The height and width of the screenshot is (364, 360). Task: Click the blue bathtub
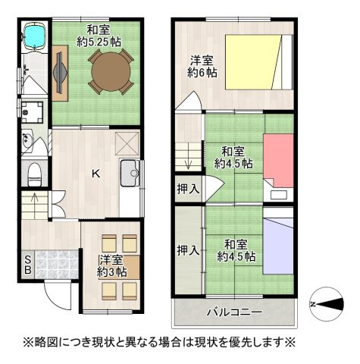35,36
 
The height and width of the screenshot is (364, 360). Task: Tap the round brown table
111,71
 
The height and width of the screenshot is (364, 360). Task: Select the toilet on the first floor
34,174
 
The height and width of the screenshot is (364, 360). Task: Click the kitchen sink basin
130,173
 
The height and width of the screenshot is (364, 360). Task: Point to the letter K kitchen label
96,174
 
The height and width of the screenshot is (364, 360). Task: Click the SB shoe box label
27,265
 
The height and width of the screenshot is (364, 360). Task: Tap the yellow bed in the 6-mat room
253,62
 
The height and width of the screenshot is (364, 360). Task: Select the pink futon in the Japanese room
278,161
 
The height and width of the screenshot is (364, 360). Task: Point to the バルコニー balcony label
235,312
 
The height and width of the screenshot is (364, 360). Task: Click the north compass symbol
327,304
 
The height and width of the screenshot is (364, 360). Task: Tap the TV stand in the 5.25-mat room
60,73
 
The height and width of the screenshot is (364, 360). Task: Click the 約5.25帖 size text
99,42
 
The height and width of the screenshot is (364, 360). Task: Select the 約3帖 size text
112,272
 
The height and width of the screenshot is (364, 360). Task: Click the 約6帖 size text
202,73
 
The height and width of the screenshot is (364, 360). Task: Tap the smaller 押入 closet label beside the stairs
188,189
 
